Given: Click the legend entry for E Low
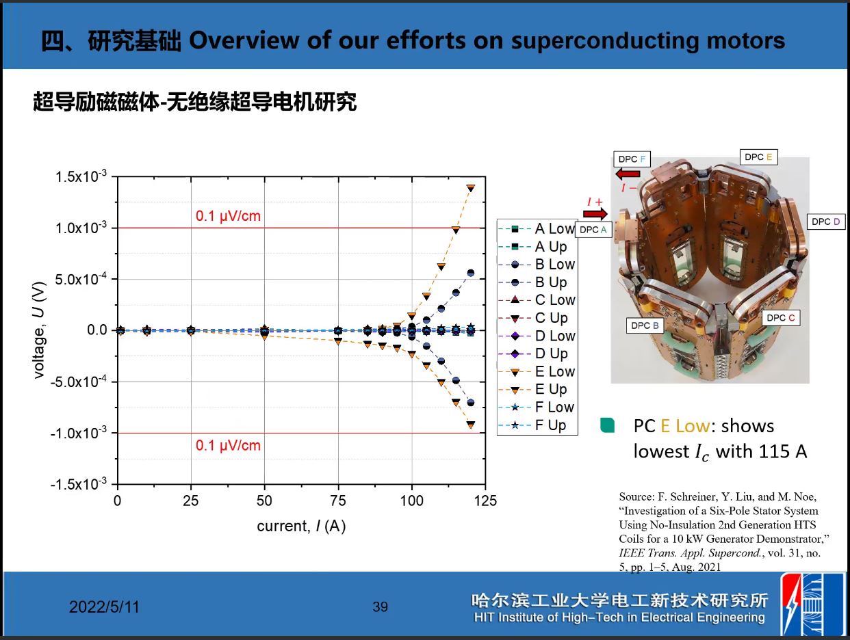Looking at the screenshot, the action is coord(537,372).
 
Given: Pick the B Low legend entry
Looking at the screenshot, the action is coord(537,265).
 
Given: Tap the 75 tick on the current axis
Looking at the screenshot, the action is coord(338,501).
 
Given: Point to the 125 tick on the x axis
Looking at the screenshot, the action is coord(485,501).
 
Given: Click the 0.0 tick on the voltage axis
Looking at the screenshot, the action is coord(96,330).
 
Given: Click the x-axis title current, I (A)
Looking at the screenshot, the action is coord(301,526).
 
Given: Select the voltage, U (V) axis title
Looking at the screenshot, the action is coord(39,330).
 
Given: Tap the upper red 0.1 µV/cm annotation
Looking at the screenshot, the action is coord(228,216).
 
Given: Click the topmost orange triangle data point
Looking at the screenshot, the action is coord(471,188).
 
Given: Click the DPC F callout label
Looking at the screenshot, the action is coord(632,159).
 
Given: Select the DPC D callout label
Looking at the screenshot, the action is coord(825,222).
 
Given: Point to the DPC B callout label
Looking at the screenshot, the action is coord(645,325).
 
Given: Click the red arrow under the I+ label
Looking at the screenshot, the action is coord(595,214).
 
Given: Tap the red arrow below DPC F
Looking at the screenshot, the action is coord(628,174).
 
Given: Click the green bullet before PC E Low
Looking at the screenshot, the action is coord(607,425).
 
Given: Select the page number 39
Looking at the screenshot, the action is coord(380,606).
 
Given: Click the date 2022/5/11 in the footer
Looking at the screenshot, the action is coord(104,607).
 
